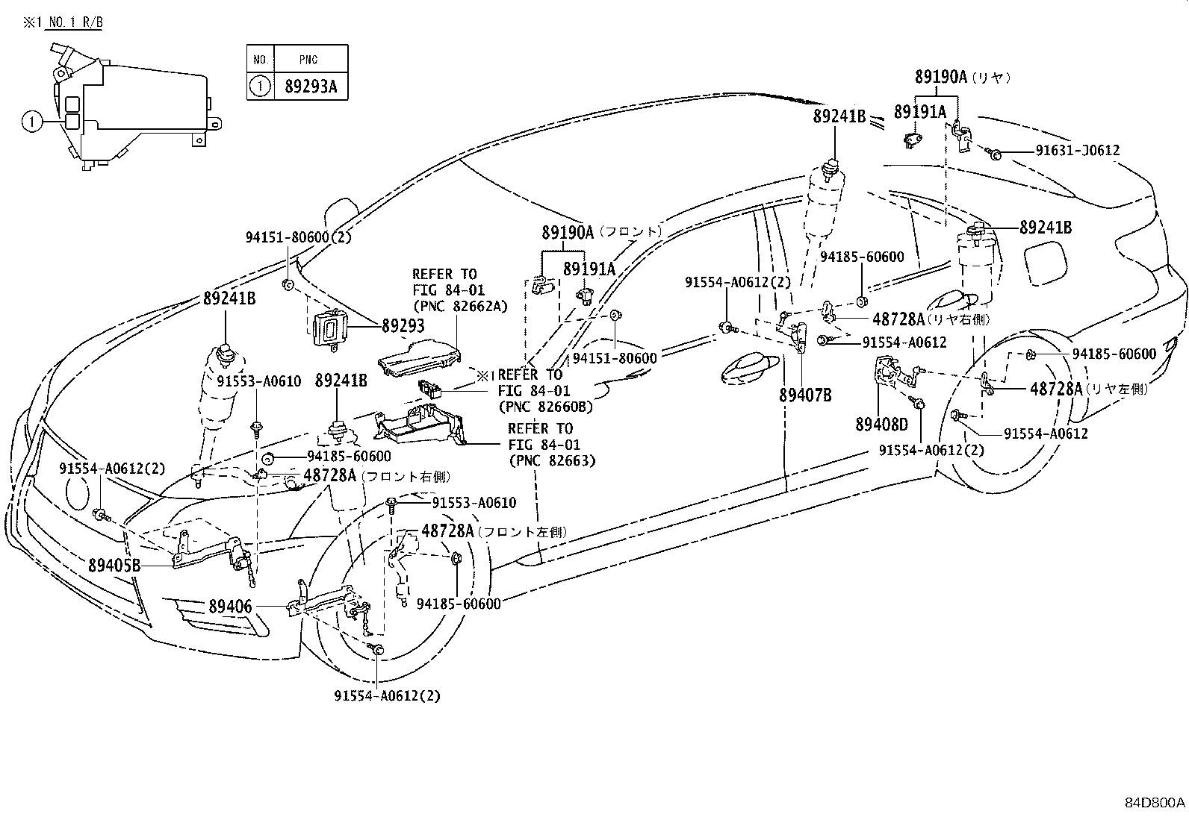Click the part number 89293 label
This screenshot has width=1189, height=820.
point(403,325)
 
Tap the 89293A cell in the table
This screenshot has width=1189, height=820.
point(311,87)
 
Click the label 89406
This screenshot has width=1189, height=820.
point(230,607)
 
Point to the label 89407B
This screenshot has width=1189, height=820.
point(805,395)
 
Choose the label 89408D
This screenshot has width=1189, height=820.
point(881,425)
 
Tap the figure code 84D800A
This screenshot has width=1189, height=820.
point(1155,803)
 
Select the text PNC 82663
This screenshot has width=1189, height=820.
point(552,460)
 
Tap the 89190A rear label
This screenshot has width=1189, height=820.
point(940,76)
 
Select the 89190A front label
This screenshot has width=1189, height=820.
point(568,233)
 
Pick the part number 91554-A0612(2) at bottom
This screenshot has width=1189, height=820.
point(387,696)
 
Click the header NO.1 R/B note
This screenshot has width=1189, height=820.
point(72,22)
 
